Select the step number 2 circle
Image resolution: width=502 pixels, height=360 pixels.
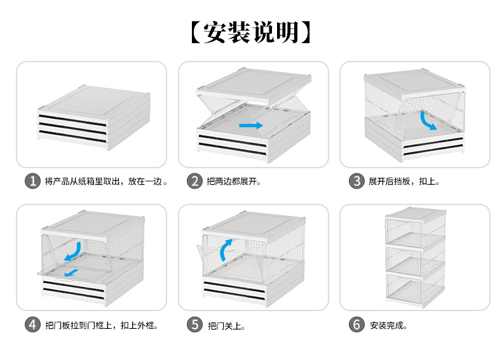(x=194, y=181)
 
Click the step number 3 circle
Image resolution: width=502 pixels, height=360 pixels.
(x=356, y=181)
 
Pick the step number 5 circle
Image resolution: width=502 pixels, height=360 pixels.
(x=194, y=324)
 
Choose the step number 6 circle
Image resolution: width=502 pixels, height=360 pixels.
(x=356, y=324)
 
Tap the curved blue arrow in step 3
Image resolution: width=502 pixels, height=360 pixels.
(x=429, y=120)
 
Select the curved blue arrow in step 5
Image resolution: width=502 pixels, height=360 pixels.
(x=226, y=250)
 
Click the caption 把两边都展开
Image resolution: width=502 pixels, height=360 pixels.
(x=234, y=182)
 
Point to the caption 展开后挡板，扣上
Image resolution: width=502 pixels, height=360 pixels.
(x=404, y=182)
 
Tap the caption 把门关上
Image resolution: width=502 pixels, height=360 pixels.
(x=226, y=326)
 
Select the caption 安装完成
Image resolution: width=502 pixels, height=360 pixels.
(x=388, y=326)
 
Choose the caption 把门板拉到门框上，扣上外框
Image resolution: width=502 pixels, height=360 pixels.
(x=102, y=326)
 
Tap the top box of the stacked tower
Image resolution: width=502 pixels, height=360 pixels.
(x=415, y=227)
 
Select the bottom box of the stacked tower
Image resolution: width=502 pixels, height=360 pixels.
(x=415, y=286)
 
